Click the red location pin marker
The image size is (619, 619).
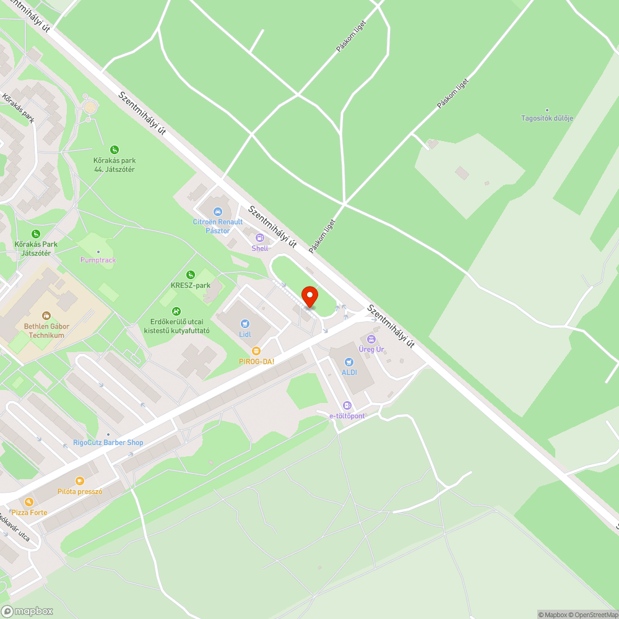[309, 297]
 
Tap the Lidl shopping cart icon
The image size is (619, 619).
[245, 323]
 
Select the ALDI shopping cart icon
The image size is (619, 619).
[349, 361]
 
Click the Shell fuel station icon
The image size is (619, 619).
[259, 238]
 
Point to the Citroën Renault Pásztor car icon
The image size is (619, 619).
[217, 212]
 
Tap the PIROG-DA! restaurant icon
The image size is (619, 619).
[256, 351]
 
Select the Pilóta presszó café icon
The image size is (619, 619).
[79, 480]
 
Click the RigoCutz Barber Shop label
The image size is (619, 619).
[108, 442]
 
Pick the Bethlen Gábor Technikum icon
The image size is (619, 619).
[46, 316]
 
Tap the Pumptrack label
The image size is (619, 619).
[98, 260]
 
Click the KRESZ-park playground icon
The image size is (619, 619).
[191, 274]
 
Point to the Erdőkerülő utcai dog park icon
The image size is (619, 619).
[176, 311]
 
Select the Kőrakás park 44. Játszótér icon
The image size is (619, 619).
[115, 149]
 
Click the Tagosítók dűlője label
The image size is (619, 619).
[547, 118]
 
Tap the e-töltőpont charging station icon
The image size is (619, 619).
[347, 405]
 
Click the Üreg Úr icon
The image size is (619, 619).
[371, 339]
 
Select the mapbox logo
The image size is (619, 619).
[27, 611]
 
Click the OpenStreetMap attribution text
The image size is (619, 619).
[592, 615]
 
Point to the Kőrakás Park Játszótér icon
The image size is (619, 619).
[36, 233]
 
